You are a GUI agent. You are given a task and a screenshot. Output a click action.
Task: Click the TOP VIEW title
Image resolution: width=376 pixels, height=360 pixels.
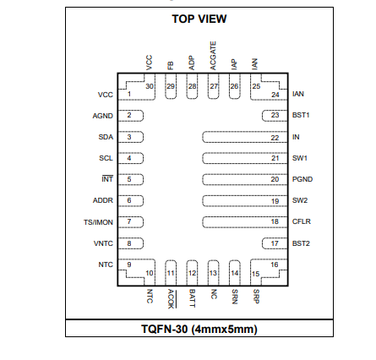(x=199, y=19)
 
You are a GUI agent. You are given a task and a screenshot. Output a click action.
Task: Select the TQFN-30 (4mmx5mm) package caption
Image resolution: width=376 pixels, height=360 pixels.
(x=199, y=329)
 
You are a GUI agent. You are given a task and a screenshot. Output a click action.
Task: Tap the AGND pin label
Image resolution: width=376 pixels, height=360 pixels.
(x=103, y=116)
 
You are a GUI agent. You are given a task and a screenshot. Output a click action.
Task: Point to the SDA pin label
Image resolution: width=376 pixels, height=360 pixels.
(x=106, y=137)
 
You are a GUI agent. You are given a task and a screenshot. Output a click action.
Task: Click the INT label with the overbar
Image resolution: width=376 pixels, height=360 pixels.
(x=107, y=179)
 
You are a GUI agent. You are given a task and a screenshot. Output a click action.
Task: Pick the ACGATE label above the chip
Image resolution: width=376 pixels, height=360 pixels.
(x=213, y=56)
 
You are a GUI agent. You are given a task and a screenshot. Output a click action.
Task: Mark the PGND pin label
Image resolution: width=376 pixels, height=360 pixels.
(x=302, y=179)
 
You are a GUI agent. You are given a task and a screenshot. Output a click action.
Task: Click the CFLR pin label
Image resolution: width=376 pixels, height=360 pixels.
(x=302, y=221)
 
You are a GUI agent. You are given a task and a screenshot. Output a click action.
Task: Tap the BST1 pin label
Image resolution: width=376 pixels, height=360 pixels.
(x=301, y=115)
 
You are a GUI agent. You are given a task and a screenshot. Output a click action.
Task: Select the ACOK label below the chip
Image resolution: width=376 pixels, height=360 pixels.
(x=172, y=298)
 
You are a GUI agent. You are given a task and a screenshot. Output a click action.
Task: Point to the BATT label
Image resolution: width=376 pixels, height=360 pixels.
(x=192, y=298)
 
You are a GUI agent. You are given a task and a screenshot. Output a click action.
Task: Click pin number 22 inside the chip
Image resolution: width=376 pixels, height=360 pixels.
(x=275, y=138)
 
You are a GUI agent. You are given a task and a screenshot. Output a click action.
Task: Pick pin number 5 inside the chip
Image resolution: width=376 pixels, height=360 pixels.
(x=129, y=179)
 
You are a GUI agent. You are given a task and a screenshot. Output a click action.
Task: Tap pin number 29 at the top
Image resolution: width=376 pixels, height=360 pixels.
(x=171, y=86)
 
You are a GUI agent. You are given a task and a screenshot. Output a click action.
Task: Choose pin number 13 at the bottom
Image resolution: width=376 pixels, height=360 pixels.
(x=213, y=273)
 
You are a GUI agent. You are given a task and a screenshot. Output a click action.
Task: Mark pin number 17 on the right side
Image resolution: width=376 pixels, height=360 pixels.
(x=275, y=243)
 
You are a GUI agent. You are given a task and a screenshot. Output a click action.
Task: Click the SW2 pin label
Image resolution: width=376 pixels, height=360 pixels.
(x=300, y=200)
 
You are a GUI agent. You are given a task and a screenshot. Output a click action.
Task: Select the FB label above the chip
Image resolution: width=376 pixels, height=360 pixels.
(x=171, y=66)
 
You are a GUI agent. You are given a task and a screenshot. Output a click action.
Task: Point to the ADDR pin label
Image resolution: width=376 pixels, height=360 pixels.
(x=103, y=200)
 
